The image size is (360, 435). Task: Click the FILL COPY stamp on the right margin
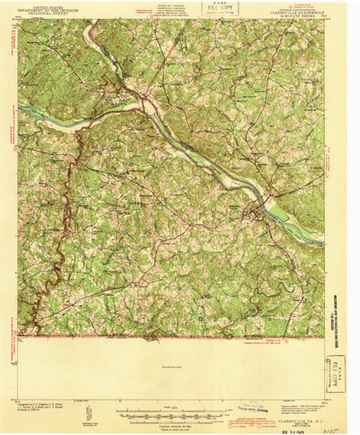[x=335, y=374]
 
